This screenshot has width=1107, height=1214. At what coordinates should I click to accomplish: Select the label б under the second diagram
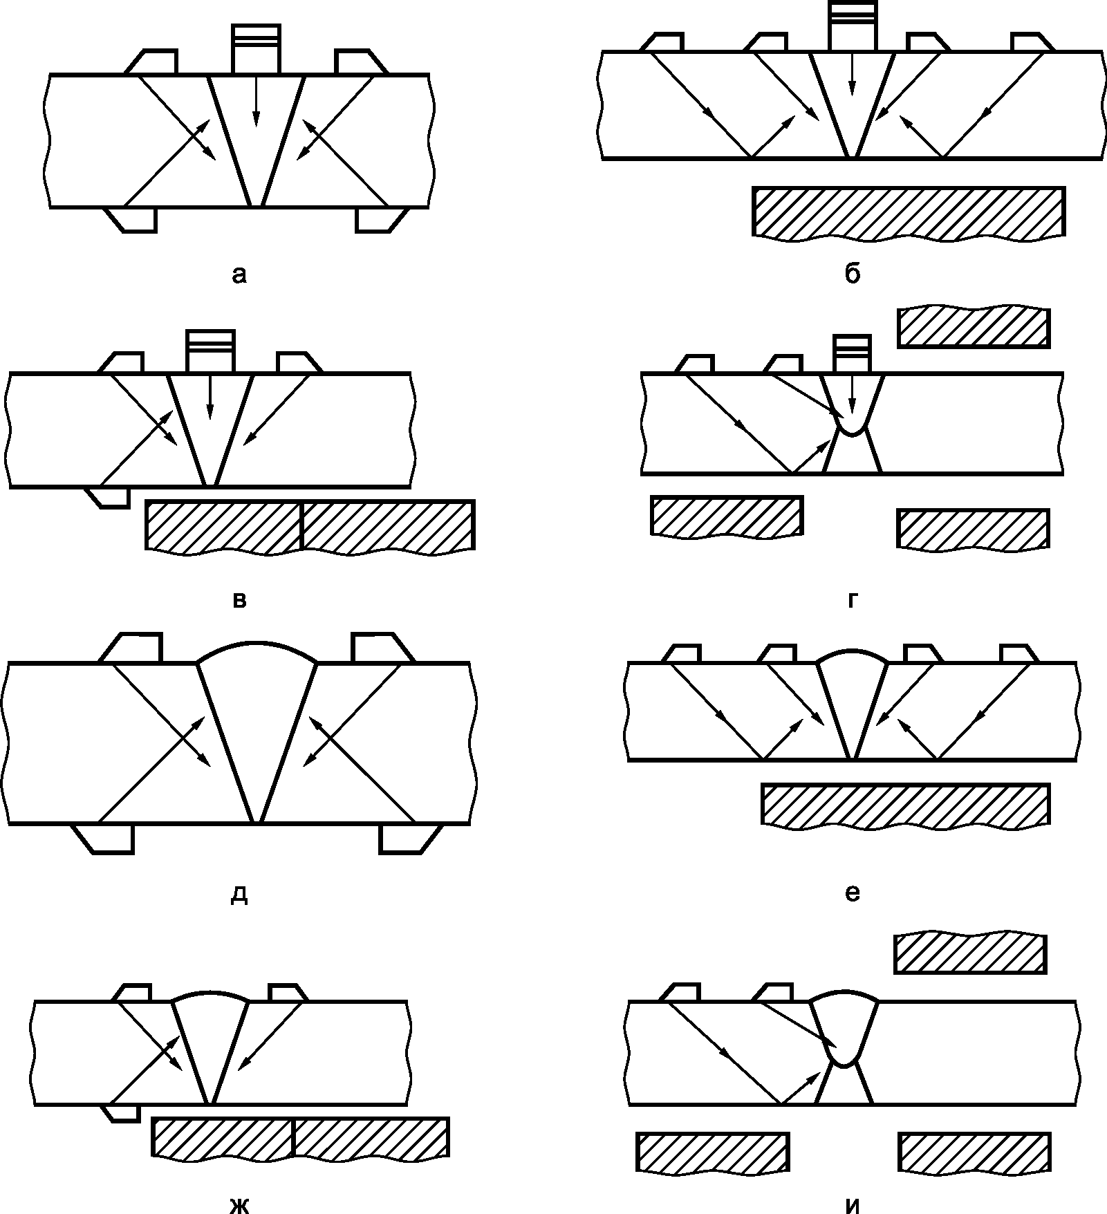pyautogui.click(x=852, y=274)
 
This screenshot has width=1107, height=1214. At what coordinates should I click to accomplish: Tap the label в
pyautogui.click(x=239, y=599)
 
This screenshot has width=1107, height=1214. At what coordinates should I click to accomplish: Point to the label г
pyautogui.click(x=852, y=601)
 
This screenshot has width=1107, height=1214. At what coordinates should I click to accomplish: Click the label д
pyautogui.click(x=239, y=895)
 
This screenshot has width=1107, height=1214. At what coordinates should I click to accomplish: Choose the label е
pyautogui.click(x=852, y=893)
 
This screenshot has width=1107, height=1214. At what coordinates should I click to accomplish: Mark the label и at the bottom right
pyautogui.click(x=852, y=1205)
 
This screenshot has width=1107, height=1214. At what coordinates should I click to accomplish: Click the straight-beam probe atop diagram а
pyautogui.click(x=257, y=49)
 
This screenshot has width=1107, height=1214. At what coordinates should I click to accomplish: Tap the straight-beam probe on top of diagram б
pyautogui.click(x=853, y=26)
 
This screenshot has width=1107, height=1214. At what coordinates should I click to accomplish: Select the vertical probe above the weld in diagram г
pyautogui.click(x=852, y=354)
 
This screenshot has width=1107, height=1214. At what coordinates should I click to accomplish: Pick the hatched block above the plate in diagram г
pyautogui.click(x=974, y=328)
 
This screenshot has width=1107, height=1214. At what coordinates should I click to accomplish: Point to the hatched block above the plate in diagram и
pyautogui.click(x=970, y=953)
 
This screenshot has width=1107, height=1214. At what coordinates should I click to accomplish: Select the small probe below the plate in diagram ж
pyautogui.click(x=120, y=1112)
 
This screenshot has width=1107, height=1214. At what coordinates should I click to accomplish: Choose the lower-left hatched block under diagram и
pyautogui.click(x=712, y=1152)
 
